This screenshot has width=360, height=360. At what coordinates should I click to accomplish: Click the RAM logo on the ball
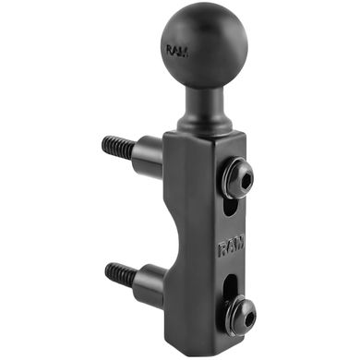tap(177, 51)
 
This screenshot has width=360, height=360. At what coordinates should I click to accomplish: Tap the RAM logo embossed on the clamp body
tap(231, 246)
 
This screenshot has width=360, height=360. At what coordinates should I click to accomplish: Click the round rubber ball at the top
tap(195, 50)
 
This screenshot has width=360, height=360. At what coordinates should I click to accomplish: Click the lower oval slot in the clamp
tap(233, 287)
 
